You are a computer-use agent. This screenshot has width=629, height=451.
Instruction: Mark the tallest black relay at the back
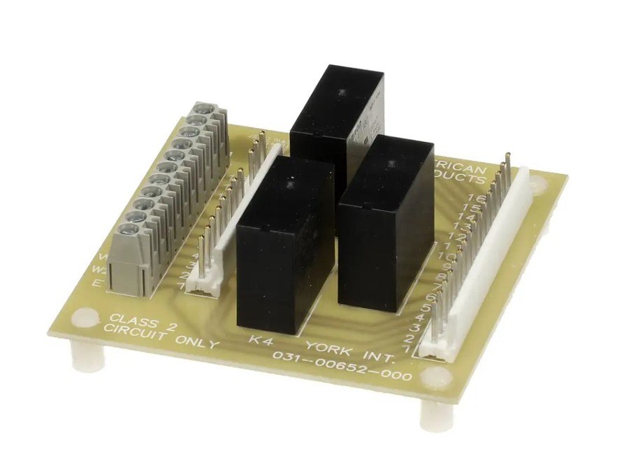pyautogui.click(x=337, y=112)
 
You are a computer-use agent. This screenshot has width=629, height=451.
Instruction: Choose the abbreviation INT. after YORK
pyautogui.click(x=377, y=357)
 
